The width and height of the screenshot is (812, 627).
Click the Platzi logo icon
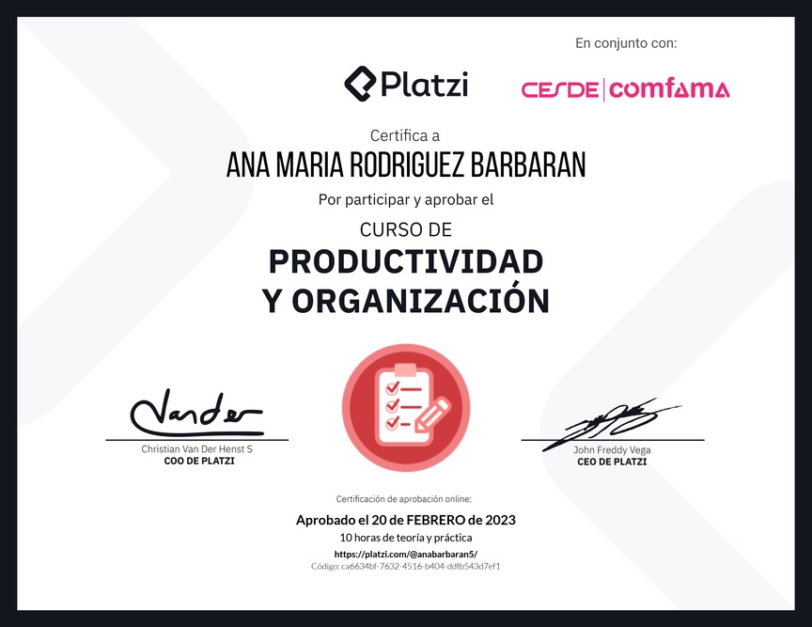360,84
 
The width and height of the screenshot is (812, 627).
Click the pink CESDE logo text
560,89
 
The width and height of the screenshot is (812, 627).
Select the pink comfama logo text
669,89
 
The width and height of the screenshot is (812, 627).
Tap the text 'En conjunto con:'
626,43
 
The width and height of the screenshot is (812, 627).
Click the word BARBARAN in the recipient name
528,165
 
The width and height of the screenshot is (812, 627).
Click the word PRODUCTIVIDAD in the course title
406,261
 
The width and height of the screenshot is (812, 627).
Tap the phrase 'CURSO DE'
406,229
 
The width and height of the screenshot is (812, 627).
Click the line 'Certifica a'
405,135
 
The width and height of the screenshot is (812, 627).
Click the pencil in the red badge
432,414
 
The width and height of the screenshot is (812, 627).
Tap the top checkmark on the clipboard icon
392,387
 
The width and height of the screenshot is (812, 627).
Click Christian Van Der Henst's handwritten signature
196,413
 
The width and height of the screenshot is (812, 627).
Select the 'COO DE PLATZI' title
199,462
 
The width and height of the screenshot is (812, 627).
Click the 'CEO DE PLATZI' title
612,462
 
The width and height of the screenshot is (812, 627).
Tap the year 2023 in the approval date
500,520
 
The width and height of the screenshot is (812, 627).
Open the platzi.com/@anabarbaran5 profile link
406,554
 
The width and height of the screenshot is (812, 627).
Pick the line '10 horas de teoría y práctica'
406,538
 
